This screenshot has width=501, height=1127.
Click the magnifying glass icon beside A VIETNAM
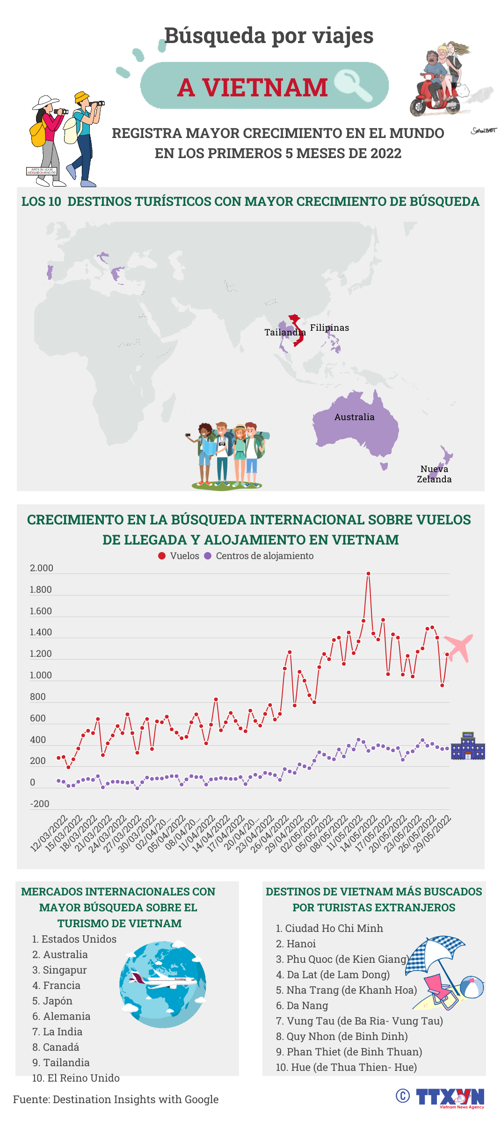tap(354, 85)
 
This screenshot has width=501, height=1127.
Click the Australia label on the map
tap(354, 417)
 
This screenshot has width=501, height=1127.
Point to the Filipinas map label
tap(329, 327)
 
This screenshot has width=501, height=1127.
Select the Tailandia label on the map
tap(284, 332)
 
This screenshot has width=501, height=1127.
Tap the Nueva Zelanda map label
tap(434, 474)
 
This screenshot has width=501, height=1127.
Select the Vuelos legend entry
tap(179, 556)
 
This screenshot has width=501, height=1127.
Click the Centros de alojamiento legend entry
tap(259, 556)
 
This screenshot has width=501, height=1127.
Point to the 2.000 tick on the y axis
tap(41, 568)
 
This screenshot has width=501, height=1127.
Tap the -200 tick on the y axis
tap(40, 804)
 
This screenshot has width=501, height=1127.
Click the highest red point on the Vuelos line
tap(368, 574)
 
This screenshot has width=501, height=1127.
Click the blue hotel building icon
tap(467, 746)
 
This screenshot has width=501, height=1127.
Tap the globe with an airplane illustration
tap(162, 985)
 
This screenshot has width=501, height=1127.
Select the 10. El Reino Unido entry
tap(76, 1078)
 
